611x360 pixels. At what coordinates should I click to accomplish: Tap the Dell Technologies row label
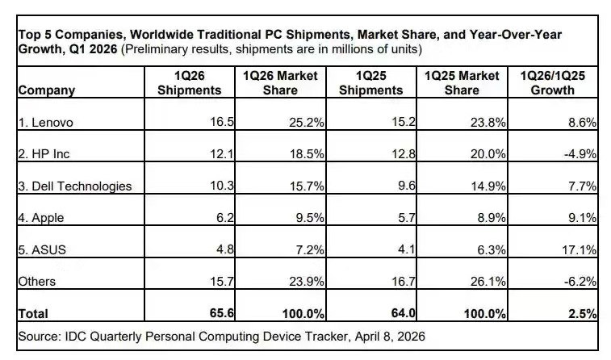[x=74, y=186]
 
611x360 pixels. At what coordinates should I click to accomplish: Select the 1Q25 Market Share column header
[x=461, y=82]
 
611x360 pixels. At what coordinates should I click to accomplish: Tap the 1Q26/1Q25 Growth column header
[x=553, y=82]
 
